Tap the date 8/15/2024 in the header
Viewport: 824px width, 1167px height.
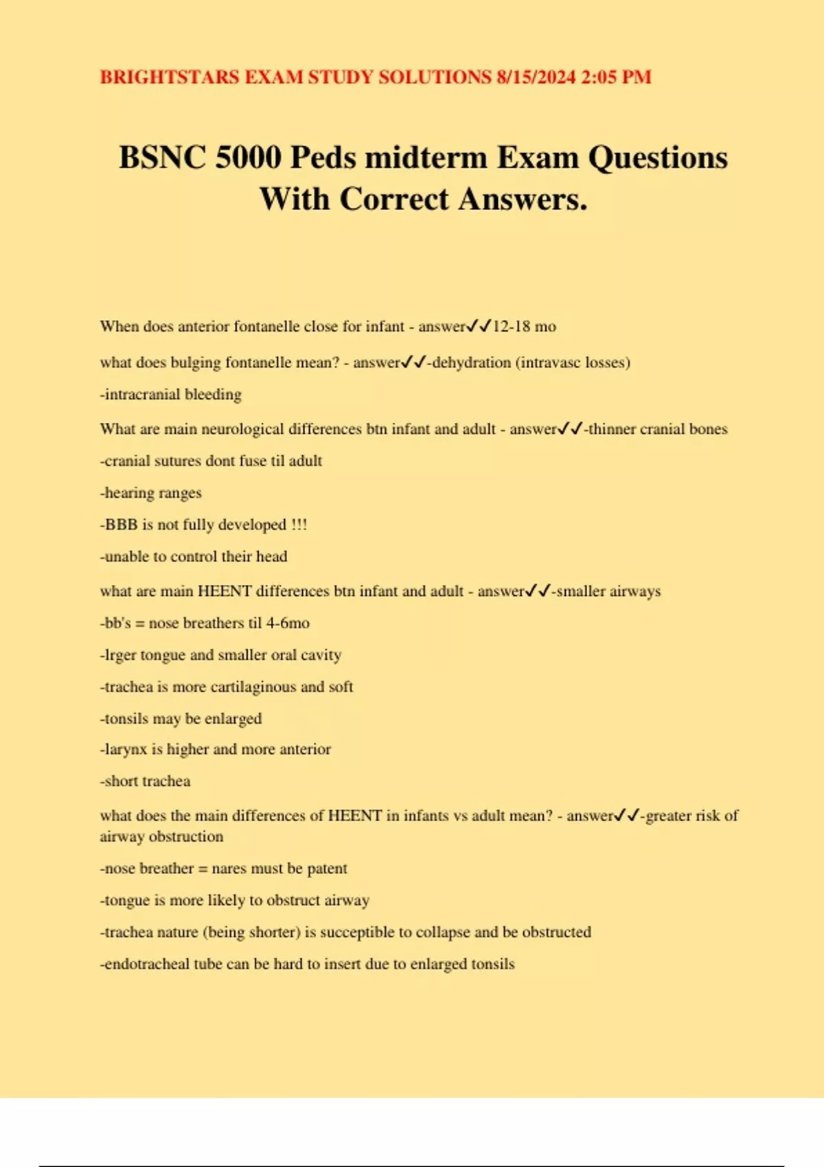click(x=536, y=76)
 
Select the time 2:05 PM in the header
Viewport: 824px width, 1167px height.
click(x=616, y=76)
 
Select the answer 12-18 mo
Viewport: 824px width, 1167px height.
click(x=525, y=326)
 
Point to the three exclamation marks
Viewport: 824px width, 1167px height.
click(x=299, y=524)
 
